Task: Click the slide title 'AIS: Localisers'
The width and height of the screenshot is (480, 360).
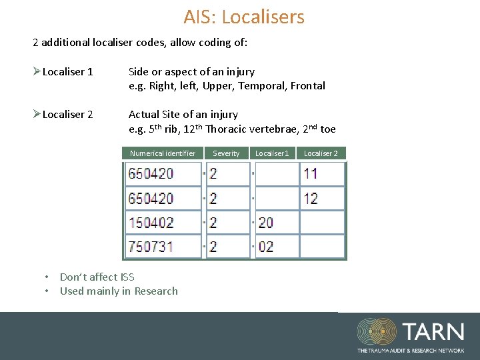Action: [x=244, y=17]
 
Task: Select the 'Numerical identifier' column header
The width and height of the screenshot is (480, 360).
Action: [x=163, y=153]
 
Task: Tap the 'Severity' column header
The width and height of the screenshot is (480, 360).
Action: [x=226, y=153]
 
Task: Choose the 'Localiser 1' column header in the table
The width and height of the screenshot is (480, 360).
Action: [x=272, y=153]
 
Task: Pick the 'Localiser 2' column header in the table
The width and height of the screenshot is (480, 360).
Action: [x=321, y=153]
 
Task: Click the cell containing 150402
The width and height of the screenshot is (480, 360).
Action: [x=163, y=222]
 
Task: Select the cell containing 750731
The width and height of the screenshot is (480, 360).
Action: [x=163, y=247]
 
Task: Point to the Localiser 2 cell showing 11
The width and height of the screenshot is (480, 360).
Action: [x=322, y=174]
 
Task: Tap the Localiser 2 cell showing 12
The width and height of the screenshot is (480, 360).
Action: [x=322, y=198]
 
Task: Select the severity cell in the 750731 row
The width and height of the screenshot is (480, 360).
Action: [x=227, y=247]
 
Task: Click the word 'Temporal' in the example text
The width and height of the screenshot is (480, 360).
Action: [x=257, y=85]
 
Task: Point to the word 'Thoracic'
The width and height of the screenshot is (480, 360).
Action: [x=229, y=129]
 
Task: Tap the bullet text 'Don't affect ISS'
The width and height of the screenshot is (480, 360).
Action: [x=97, y=277]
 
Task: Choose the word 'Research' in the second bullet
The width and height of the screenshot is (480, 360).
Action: [x=156, y=291]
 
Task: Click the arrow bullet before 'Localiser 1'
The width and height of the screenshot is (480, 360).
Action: [x=37, y=71]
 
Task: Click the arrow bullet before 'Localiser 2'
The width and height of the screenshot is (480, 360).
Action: [x=37, y=114]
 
